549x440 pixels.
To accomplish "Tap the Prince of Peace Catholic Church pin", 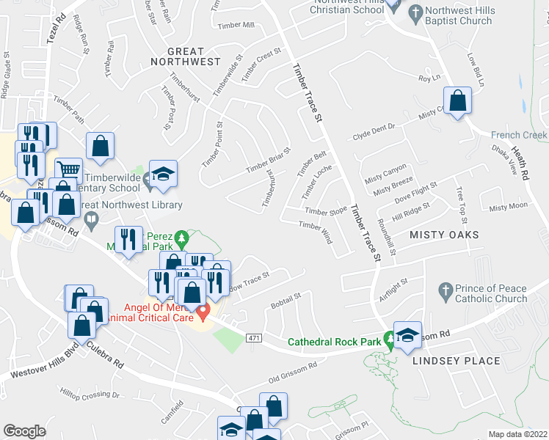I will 444,293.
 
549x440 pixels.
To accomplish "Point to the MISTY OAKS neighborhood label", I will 443,235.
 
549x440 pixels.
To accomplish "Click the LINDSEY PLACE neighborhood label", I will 455,361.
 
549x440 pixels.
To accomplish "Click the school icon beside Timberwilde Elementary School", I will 163,174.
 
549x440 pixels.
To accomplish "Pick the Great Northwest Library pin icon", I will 92,218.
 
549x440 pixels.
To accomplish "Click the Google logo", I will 24,430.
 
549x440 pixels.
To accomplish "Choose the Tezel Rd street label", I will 56,29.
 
